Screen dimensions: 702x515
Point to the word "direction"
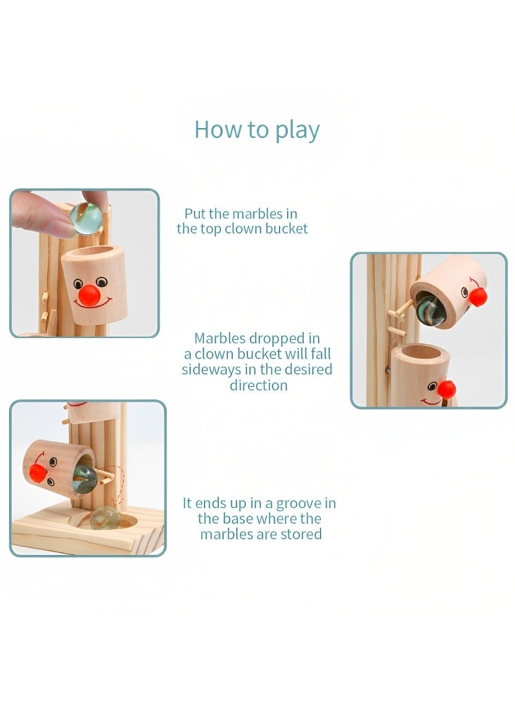pyautogui.click(x=258, y=385)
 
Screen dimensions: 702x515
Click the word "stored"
pyautogui.click(x=303, y=534)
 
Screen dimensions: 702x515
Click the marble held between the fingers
pyautogui.click(x=88, y=215)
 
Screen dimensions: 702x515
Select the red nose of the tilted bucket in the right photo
pyautogui.click(x=478, y=297)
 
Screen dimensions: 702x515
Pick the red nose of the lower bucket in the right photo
pyautogui.click(x=446, y=389)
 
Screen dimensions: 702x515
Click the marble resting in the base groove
pyautogui.click(x=103, y=518)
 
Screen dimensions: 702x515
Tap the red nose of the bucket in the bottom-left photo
pyautogui.click(x=38, y=472)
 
